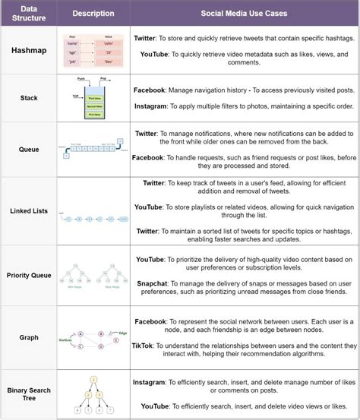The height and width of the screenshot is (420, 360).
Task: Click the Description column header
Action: pos(94,13)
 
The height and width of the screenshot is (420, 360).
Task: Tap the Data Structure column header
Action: pos(29,13)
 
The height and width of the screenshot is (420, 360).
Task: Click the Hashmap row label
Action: pos(29,50)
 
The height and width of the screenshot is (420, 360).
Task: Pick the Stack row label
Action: pos(29,97)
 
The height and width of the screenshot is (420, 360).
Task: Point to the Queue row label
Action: pos(29,150)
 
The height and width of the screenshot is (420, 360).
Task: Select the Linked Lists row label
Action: pos(29,210)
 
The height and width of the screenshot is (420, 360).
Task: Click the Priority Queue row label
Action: pos(29,274)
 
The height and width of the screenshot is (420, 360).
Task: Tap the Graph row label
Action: pos(29,336)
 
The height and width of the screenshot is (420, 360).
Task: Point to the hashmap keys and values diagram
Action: pos(94,52)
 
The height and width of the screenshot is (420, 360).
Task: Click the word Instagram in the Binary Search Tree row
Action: pos(154,381)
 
